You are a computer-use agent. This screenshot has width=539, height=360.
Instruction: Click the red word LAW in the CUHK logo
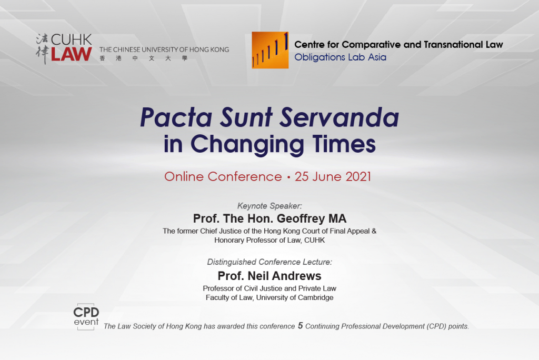coord(72,54)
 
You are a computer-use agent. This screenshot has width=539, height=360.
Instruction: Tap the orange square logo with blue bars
coord(270,50)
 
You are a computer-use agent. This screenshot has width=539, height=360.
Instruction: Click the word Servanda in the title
coord(339,117)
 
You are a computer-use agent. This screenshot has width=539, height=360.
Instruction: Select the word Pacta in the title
coord(176,117)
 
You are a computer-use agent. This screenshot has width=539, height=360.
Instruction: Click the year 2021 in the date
coord(358,177)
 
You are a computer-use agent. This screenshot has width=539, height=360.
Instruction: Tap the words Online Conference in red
coord(223,177)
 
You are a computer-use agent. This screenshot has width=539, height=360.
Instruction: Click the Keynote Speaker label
coord(269,206)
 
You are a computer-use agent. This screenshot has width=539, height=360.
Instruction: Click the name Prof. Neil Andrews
coord(269,276)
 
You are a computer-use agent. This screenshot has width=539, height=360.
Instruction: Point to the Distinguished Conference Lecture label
coord(269,262)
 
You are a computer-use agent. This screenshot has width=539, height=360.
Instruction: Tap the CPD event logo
coord(86,317)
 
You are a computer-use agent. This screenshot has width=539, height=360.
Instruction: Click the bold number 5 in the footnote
coord(301,326)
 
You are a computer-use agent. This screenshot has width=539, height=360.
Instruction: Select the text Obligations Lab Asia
coord(341,57)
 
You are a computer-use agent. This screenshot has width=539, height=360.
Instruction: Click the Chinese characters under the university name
coord(143,58)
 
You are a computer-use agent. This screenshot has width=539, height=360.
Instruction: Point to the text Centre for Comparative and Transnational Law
coord(399,45)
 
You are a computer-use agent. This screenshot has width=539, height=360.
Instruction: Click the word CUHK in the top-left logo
coord(72,39)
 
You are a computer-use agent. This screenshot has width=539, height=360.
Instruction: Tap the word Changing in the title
coord(247,144)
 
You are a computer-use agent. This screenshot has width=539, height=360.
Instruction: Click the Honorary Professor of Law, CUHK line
coord(269,240)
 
